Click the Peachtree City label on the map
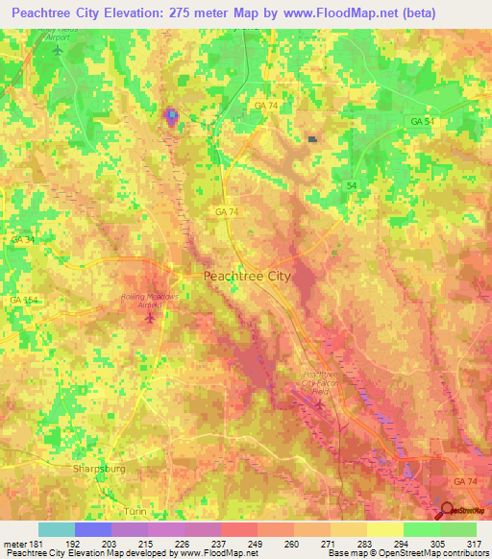(x=247, y=276)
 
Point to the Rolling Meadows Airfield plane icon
(x=148, y=316)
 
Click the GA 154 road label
(x=22, y=301)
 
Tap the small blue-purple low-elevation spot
(x=171, y=117)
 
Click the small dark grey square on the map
(x=311, y=139)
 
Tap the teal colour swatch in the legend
(x=56, y=529)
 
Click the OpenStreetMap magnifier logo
(x=445, y=510)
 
